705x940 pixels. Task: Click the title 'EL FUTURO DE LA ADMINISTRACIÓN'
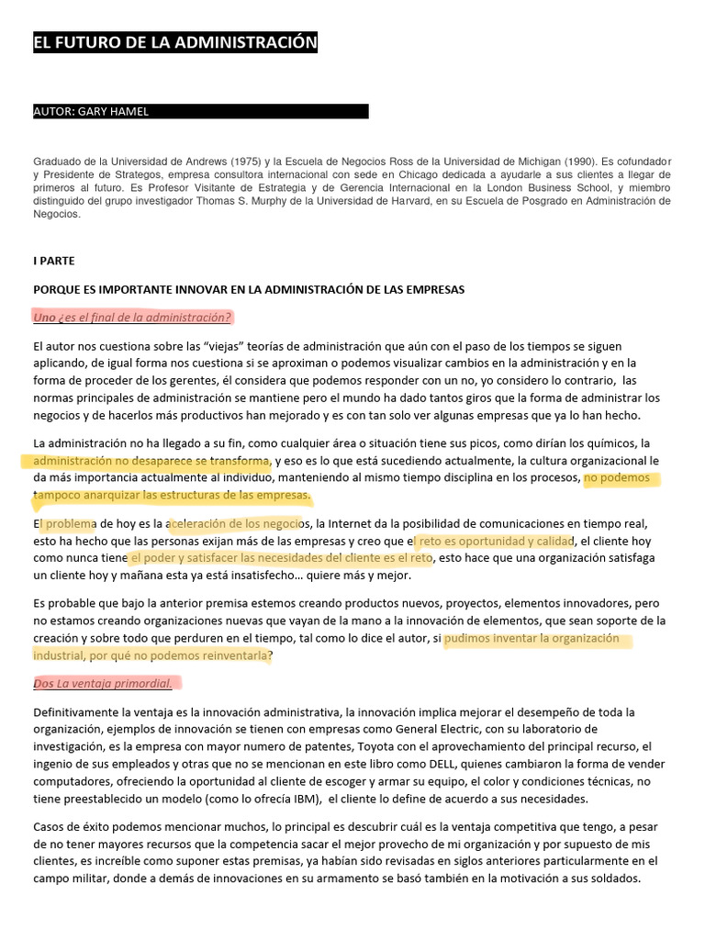175,42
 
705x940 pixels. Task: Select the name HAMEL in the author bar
128,112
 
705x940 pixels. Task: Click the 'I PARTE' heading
54,261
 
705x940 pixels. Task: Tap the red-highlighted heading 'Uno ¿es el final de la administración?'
132,318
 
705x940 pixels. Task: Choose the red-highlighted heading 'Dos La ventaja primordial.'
106,683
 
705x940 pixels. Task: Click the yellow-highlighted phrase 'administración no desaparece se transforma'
151,460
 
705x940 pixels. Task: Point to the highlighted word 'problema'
64,524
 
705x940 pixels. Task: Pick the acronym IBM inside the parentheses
292,798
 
